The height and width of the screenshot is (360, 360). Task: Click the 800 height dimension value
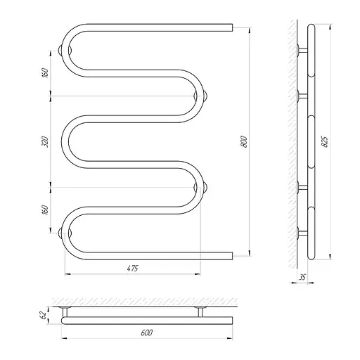244,141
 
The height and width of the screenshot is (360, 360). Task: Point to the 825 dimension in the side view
325,141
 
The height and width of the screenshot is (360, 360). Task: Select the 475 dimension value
133,268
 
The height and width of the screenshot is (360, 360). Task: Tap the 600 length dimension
147,333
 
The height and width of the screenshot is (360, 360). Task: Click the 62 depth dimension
43,315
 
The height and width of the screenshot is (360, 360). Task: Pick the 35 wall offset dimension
302,277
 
